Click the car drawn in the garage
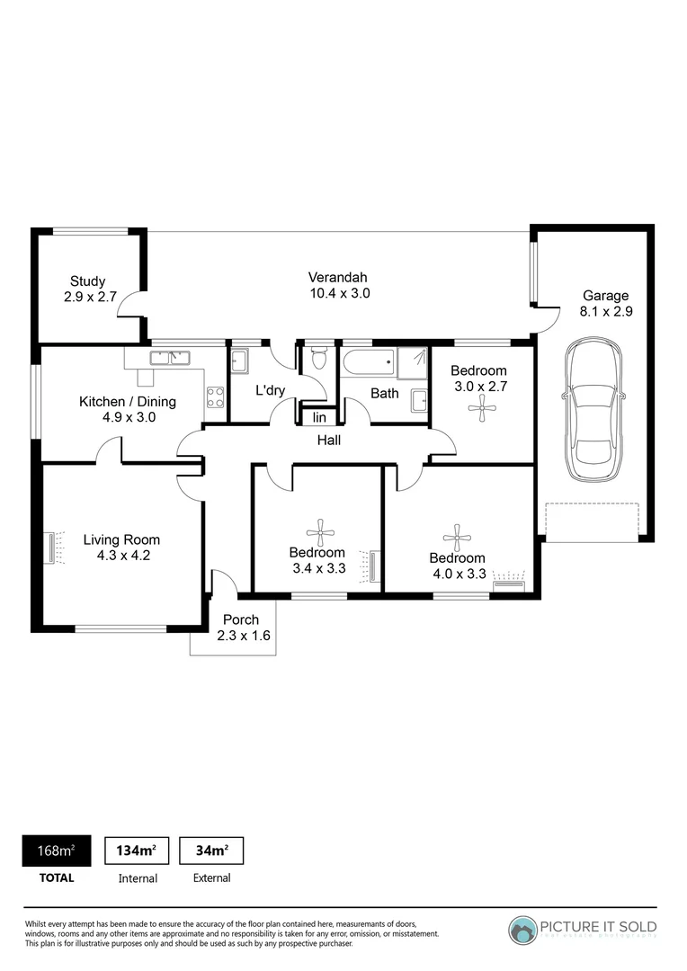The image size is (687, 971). point(594,410)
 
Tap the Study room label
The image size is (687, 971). point(90,290)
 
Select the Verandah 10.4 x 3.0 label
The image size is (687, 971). point(339,286)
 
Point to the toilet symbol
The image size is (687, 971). point(319,358)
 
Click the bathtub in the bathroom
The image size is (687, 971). point(368,361)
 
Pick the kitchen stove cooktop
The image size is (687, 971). point(215,397)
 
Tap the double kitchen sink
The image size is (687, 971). point(170,357)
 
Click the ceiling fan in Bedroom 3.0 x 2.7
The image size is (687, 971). point(482,409)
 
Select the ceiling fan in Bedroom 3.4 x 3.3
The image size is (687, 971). point(320,532)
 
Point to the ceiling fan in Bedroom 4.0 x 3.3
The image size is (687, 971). point(457,538)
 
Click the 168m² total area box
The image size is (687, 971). point(57,851)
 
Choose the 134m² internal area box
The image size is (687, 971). point(137,851)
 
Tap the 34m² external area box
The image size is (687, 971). point(211,851)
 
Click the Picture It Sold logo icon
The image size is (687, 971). point(523,931)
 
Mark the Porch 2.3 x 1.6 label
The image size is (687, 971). point(243,628)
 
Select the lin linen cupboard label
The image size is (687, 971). point(319,418)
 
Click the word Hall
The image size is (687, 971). point(329,441)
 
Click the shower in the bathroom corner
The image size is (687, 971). point(412,363)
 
